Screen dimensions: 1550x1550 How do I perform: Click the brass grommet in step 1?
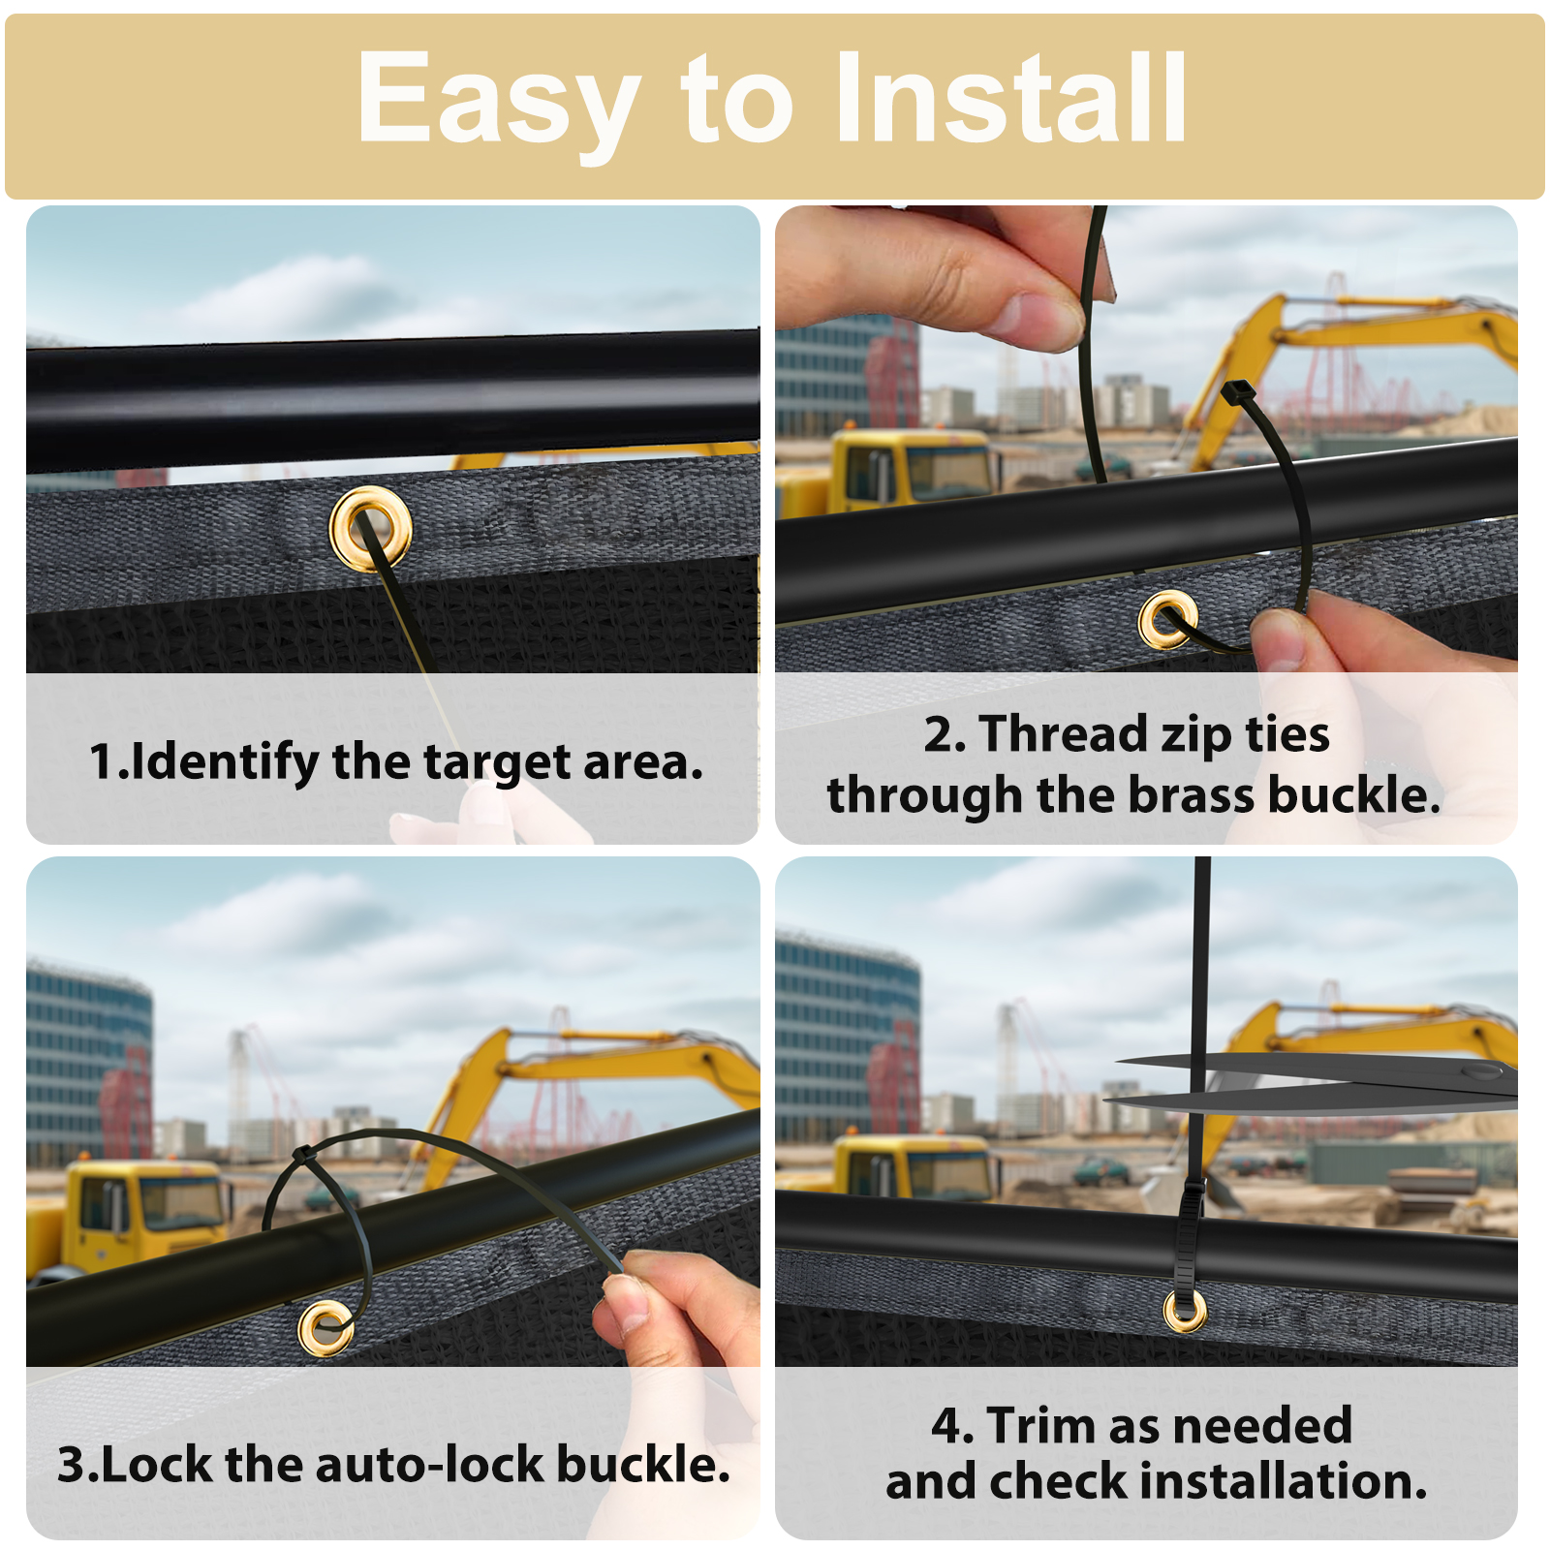[x=370, y=529]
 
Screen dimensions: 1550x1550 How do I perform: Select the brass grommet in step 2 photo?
[x=1168, y=619]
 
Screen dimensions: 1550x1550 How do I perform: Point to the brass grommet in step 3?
[x=326, y=1328]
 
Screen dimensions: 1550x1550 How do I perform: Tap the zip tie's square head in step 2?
[x=1237, y=394]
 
